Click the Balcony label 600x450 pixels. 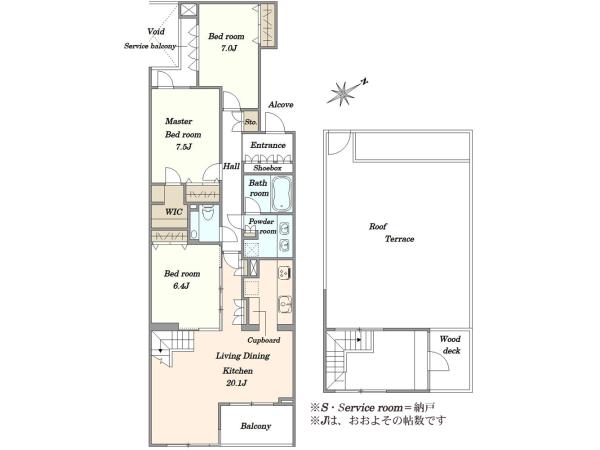pyautogui.click(x=256, y=426)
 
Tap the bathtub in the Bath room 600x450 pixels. pyautogui.click(x=282, y=193)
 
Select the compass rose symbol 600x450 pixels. pyautogui.click(x=343, y=92)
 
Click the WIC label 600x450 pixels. pyautogui.click(x=173, y=212)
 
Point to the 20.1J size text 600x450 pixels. pyautogui.click(x=236, y=383)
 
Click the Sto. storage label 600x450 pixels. pyautogui.click(x=251, y=122)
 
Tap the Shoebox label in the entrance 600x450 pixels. pyautogui.click(x=267, y=168)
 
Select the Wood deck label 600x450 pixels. pyautogui.click(x=450, y=344)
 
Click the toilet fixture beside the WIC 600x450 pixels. pyautogui.click(x=208, y=213)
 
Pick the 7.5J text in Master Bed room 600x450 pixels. pyautogui.click(x=184, y=147)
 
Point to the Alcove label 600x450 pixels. pyautogui.click(x=281, y=104)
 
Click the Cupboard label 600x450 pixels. pyautogui.click(x=264, y=340)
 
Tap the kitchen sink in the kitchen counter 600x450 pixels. pyautogui.click(x=284, y=303)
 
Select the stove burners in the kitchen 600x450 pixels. pyautogui.click(x=284, y=272)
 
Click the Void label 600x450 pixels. pyautogui.click(x=156, y=31)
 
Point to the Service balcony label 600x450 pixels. pyautogui.click(x=150, y=46)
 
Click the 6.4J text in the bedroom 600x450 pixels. pyautogui.click(x=182, y=286)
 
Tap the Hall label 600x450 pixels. pyautogui.click(x=232, y=166)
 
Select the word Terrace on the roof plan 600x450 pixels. pyautogui.click(x=399, y=239)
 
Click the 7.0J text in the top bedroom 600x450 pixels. pyautogui.click(x=228, y=48)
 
